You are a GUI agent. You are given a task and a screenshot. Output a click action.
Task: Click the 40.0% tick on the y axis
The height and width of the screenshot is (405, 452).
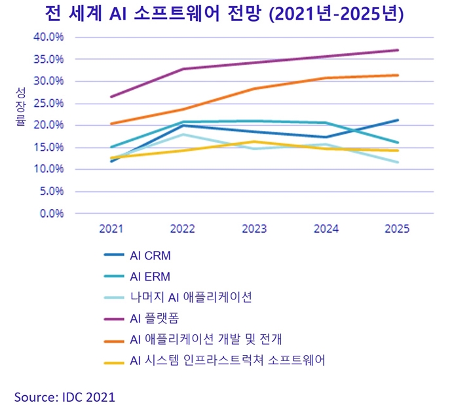pos(48,37)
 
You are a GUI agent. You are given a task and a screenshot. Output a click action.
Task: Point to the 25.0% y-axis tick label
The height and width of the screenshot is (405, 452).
pos(48,103)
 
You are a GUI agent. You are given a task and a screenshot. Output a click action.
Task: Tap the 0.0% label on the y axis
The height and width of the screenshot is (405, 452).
pos(50,213)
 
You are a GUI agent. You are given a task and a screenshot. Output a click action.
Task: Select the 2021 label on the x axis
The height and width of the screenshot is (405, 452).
pos(111,229)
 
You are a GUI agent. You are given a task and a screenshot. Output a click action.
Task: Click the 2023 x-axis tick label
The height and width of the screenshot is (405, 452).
pos(254,229)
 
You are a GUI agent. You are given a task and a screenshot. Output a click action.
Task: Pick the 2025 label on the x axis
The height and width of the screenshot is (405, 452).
pos(397,229)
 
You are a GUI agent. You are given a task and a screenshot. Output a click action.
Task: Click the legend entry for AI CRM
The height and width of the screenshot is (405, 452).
pos(150,256)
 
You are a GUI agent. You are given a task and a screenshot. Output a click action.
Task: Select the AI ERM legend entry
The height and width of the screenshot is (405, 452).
pos(150,277)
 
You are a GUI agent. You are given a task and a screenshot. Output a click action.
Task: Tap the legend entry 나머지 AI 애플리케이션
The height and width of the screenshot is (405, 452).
pos(190,297)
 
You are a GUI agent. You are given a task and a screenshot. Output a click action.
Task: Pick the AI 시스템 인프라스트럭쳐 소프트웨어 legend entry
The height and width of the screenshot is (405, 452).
pos(227,360)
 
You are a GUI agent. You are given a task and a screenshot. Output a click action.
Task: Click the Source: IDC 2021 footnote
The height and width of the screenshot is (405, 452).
pos(65,396)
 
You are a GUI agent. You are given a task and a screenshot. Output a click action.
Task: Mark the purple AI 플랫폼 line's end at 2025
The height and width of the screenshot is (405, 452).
pos(397,50)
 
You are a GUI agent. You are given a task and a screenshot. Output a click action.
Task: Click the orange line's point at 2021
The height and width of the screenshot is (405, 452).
pos(111,123)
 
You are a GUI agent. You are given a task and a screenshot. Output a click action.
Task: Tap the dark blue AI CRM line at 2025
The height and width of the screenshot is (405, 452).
pos(397,120)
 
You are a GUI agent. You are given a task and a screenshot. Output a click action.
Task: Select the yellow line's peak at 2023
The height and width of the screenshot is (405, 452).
pos(254,142)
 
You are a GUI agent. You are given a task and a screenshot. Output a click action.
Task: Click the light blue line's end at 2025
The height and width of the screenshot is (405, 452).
pos(397,162)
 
